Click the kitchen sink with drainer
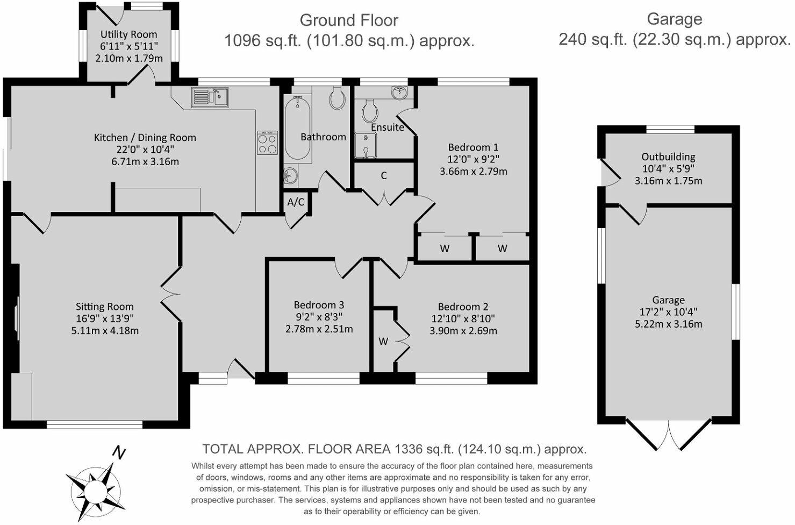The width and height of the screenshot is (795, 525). tap(210, 97)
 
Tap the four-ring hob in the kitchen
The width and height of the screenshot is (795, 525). tap(268, 143)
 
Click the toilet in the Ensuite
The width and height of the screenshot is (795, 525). tap(369, 110)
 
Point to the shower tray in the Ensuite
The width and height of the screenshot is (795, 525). tap(366, 145)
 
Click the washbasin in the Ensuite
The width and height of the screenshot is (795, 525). tap(400, 92)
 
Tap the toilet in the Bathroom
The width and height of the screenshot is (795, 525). tap(337, 97)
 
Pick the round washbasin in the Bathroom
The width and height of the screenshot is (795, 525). tap(290, 175)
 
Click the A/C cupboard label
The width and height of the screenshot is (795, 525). tap(296, 202)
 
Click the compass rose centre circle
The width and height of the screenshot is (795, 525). tap(95, 492)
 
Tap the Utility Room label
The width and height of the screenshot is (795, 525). tap(128, 34)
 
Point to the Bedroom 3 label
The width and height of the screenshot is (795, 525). tap(319, 305)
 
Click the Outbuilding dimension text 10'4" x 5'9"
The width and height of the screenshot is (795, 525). tap(668, 168)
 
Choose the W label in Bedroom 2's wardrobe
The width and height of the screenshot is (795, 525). tap(383, 342)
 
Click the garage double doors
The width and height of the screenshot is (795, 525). tap(669, 436)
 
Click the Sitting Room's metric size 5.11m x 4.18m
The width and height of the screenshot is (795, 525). tap(105, 330)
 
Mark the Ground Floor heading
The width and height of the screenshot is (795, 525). tap(349, 20)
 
